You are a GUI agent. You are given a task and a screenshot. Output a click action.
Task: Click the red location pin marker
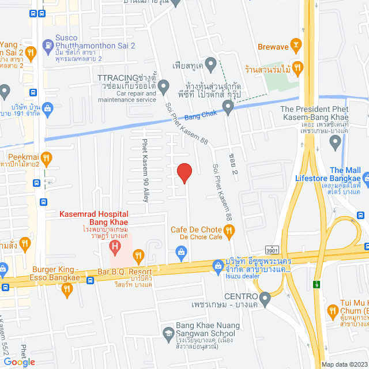(184, 172)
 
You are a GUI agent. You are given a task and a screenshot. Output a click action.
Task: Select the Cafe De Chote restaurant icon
(229, 232)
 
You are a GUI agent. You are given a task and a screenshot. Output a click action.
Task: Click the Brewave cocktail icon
(296, 44)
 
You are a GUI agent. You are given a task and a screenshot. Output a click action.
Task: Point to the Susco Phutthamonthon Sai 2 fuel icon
(48, 43)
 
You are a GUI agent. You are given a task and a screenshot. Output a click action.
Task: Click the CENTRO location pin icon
(265, 298)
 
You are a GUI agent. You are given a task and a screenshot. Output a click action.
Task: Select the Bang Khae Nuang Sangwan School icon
(168, 333)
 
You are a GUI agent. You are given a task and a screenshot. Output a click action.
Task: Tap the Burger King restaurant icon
(68, 291)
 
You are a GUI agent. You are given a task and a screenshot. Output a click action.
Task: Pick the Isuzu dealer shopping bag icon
(218, 266)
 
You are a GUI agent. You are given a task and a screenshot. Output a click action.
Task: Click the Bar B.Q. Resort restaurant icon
(138, 255)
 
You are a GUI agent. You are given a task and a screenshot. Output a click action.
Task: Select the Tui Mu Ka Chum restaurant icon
(333, 312)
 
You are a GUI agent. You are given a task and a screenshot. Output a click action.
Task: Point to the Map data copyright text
(344, 364)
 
